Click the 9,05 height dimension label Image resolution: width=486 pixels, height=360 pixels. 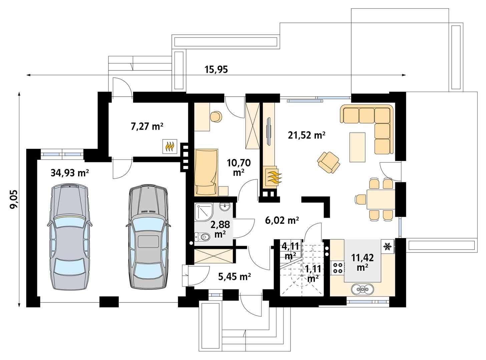[x=14, y=199]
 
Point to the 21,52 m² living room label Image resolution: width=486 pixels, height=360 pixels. [x=306, y=135]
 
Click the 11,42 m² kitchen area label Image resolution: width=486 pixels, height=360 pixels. [x=362, y=262]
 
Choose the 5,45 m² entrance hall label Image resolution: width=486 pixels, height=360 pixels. [x=234, y=276]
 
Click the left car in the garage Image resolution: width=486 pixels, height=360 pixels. [x=70, y=237]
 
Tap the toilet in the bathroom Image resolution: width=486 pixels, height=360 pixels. [x=203, y=237]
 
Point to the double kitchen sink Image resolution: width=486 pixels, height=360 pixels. [x=361, y=289]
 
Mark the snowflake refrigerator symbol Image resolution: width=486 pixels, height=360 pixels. [x=387, y=247]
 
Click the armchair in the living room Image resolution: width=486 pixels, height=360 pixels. [x=329, y=162]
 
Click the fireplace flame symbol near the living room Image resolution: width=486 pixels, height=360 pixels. [x=273, y=177]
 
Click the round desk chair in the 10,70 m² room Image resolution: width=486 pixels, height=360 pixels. [x=216, y=116]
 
